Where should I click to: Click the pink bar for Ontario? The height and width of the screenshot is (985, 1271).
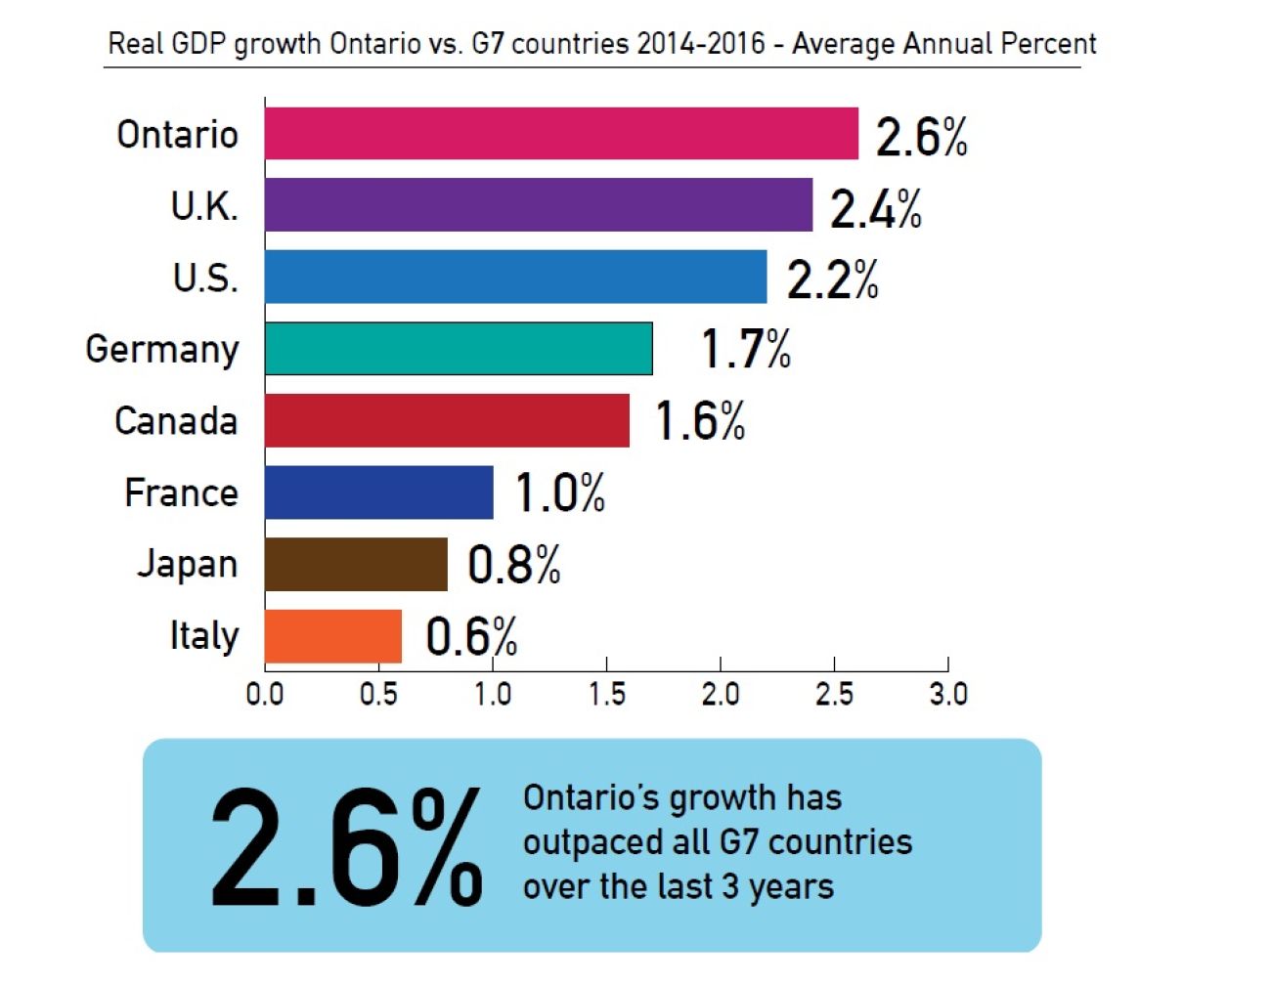tap(561, 134)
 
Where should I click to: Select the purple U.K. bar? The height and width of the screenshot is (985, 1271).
tap(539, 205)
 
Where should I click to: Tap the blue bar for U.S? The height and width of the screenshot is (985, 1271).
tap(515, 278)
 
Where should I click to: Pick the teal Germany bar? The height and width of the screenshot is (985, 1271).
tap(459, 349)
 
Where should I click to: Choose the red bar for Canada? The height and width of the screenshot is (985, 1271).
tap(447, 421)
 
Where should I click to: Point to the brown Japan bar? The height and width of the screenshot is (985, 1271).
tap(356, 565)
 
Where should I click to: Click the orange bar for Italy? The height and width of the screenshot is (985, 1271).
tap(333, 636)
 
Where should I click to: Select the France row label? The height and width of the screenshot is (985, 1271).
tap(181, 492)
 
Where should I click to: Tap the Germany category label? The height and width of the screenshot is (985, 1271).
tap(162, 350)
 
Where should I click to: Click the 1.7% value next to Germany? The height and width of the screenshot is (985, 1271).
tap(746, 350)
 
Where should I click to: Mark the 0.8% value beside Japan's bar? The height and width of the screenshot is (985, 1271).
tap(514, 565)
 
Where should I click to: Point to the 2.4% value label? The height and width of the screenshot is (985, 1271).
tap(876, 208)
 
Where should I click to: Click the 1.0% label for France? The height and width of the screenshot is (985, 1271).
tap(560, 492)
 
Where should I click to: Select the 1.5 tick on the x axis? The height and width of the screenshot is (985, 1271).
tap(606, 695)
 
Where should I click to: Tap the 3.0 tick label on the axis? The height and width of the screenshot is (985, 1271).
tap(948, 695)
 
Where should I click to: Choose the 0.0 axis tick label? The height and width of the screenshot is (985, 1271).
tap(265, 695)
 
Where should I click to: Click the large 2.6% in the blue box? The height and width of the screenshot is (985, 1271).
tap(346, 847)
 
